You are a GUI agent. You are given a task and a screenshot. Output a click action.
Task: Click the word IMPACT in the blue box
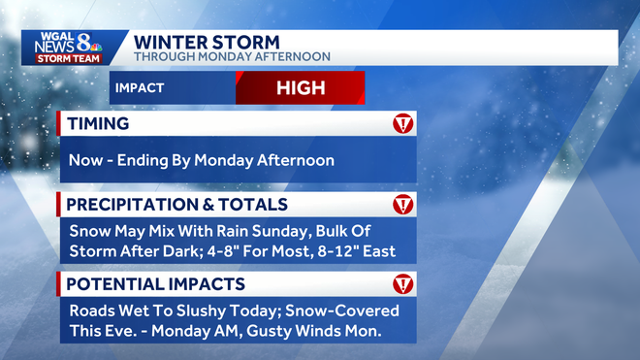[x=139, y=88]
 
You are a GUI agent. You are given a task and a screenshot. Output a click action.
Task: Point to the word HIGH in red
[x=300, y=88]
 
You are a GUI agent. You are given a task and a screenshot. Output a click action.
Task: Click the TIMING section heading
[x=98, y=124]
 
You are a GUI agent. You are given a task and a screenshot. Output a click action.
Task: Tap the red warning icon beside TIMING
[x=402, y=124]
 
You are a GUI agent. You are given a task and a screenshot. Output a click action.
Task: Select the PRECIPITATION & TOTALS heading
[x=176, y=205]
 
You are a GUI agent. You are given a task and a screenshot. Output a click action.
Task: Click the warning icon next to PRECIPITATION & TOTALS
[x=402, y=205]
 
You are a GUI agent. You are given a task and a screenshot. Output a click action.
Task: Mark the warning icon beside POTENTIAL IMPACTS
[x=402, y=284]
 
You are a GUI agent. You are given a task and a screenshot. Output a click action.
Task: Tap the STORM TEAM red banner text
[x=68, y=59]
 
